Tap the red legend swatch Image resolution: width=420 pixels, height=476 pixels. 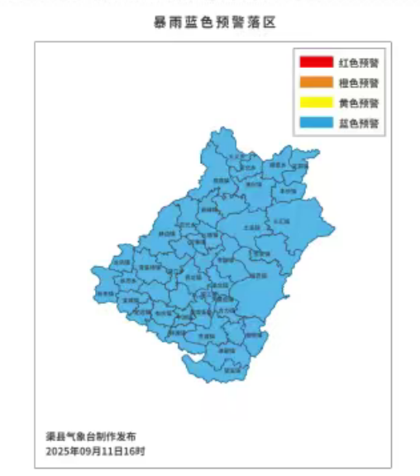pyautogui.click(x=314, y=62)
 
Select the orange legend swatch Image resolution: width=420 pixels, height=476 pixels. pyautogui.click(x=314, y=83)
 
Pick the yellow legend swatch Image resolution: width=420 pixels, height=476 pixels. pyautogui.click(x=314, y=103)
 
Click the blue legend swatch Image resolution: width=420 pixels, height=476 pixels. pyautogui.click(x=314, y=123)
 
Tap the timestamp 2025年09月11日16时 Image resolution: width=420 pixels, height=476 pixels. pyautogui.click(x=96, y=452)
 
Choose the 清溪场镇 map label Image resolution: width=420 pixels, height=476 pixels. pyautogui.click(x=148, y=267)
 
